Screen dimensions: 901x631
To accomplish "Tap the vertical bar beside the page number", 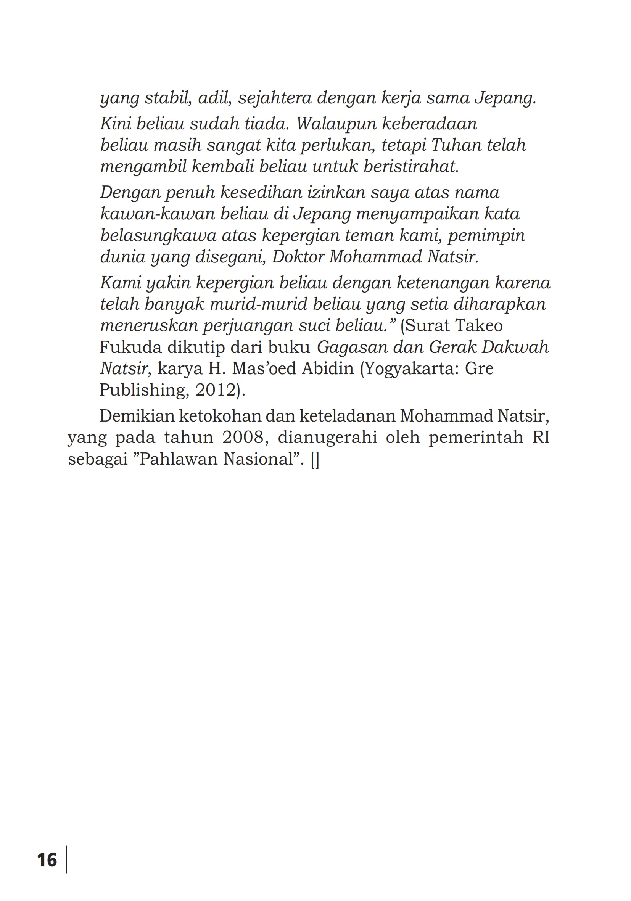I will tap(66, 859).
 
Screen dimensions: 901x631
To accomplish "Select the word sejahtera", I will tap(275, 98).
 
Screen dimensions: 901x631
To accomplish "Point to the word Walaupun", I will tap(336, 124).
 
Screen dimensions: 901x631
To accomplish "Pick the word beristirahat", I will tap(411, 167).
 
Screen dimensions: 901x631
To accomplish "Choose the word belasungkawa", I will tap(158, 235).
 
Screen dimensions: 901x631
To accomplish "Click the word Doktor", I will tap(298, 257).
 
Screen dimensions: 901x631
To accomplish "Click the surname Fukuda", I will tap(129, 347).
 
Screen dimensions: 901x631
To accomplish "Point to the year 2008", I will tap(243, 438).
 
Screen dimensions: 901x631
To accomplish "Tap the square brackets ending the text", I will tap(315, 460).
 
